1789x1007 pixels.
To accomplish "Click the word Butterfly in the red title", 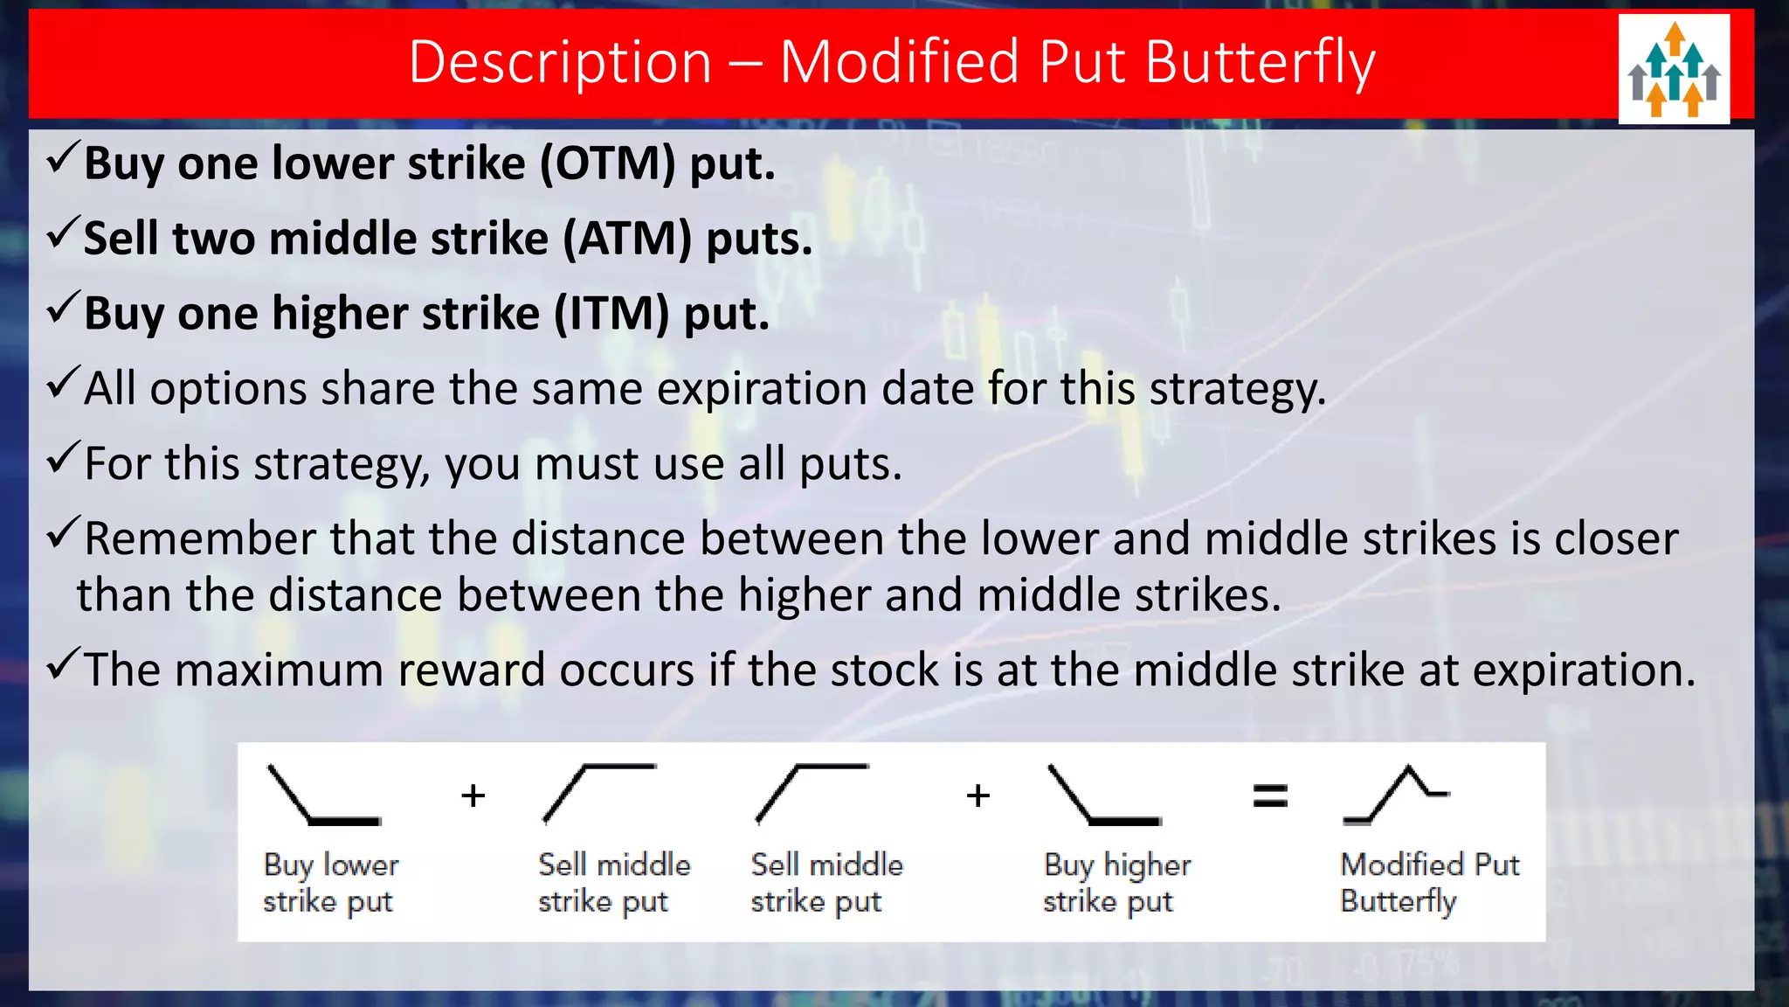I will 1260,63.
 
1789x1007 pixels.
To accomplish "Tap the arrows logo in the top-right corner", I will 1674,69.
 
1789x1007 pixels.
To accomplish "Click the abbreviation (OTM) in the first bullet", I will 608,163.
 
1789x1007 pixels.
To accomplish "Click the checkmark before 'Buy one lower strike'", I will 63,158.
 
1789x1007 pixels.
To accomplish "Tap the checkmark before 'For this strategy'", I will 63,458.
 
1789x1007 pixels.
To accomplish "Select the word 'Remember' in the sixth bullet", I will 200,538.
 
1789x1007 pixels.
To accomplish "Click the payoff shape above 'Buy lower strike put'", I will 323,795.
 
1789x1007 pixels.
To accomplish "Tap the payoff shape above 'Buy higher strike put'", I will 1103,795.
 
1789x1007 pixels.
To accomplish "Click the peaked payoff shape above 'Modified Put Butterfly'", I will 1396,795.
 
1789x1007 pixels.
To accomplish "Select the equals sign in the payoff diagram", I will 1270,795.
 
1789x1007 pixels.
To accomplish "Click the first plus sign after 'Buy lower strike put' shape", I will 473,795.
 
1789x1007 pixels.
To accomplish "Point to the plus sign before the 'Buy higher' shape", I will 978,795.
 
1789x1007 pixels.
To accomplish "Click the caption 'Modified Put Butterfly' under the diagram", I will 1429,883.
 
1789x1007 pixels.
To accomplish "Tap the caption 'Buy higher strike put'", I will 1116,883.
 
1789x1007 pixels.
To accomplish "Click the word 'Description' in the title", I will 560,63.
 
